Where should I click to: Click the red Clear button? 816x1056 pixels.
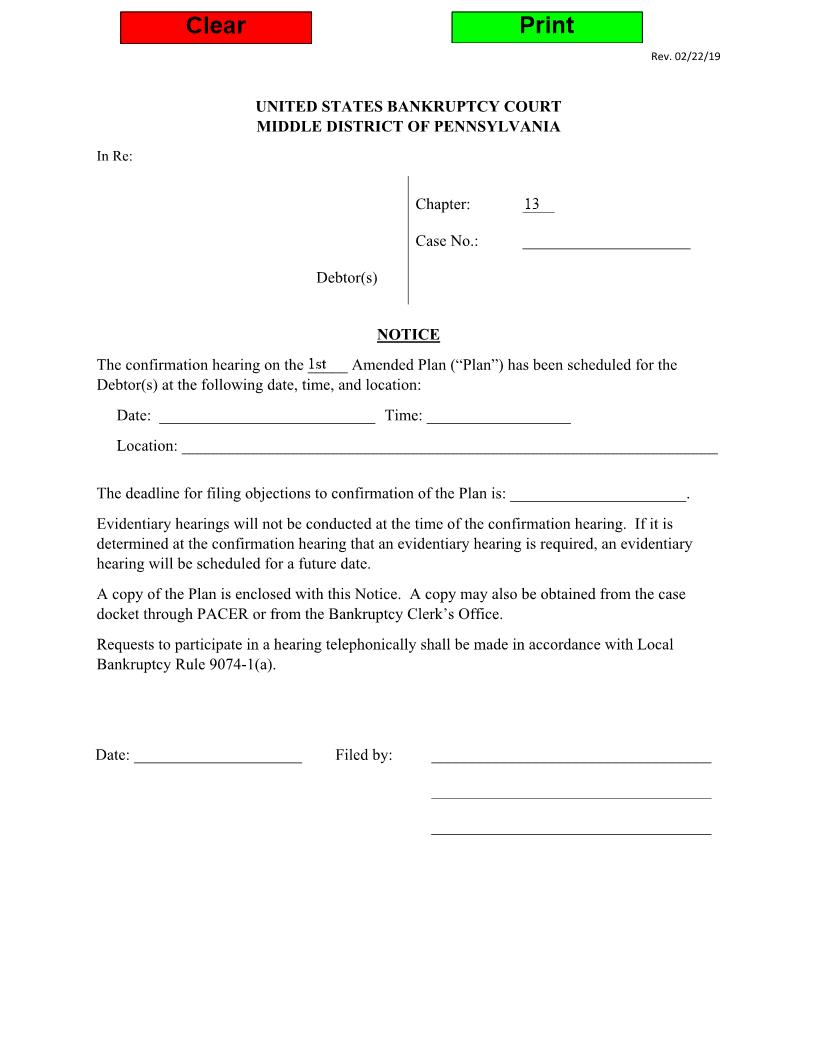(215, 27)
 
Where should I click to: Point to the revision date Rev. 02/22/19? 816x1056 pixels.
(685, 56)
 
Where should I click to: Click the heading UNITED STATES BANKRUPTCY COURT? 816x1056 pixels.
(408, 106)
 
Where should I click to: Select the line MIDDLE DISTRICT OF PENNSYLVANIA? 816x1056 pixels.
(408, 127)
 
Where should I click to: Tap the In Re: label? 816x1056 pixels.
(114, 155)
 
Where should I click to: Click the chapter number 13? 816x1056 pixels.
(532, 204)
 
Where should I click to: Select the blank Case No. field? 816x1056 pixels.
(606, 241)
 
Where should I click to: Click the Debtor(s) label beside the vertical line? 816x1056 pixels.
(347, 277)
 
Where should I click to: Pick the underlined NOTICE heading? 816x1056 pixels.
(408, 335)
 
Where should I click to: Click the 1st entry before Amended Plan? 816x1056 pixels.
(318, 364)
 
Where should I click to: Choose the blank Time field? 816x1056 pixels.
(498, 416)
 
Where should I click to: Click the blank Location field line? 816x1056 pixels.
(449, 446)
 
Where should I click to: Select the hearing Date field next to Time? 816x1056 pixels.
(267, 416)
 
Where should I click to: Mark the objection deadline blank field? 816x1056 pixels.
(598, 494)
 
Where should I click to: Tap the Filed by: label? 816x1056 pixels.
(364, 755)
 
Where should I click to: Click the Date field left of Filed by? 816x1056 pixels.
(218, 755)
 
